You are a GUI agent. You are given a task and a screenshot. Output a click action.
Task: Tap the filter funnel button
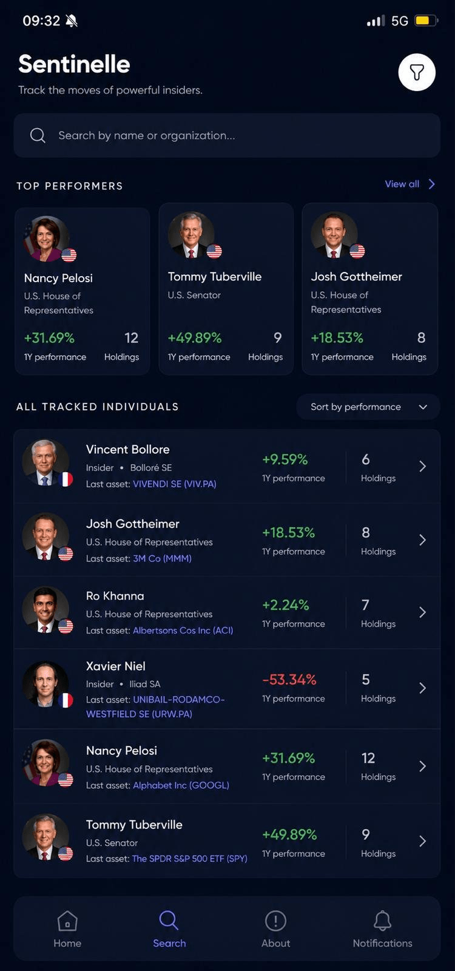coord(417,72)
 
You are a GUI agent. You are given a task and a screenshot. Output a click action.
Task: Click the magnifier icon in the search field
coord(38,135)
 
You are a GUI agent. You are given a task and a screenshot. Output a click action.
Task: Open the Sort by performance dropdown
coord(368,407)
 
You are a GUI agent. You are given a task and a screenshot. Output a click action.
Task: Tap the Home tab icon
coord(67,920)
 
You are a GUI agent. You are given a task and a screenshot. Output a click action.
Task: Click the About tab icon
coord(275,920)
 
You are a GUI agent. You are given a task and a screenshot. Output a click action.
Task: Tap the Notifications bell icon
coord(383,920)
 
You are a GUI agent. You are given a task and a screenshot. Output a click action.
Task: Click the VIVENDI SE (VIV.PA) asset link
coord(175,484)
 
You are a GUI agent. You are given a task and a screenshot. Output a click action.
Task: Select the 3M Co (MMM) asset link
coord(162,558)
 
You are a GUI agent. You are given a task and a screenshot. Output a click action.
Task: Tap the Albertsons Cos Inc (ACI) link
coord(183,631)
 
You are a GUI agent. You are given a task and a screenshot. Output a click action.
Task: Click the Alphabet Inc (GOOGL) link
coord(181,785)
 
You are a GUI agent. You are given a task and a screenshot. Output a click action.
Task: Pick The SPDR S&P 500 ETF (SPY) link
coord(190,858)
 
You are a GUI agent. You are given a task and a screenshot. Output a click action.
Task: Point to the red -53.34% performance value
coord(289,679)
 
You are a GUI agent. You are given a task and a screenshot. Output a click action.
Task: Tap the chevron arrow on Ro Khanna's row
coord(422,612)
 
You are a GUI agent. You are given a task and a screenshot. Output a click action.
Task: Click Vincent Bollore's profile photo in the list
coord(45,462)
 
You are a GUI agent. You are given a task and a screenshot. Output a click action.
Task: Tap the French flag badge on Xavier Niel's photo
coord(66,700)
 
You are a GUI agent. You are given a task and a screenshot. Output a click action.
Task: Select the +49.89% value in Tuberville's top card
coord(195,337)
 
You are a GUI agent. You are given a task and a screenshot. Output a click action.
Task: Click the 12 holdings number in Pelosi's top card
coord(131,337)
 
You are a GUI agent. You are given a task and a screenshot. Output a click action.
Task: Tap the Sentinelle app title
coord(74,64)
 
